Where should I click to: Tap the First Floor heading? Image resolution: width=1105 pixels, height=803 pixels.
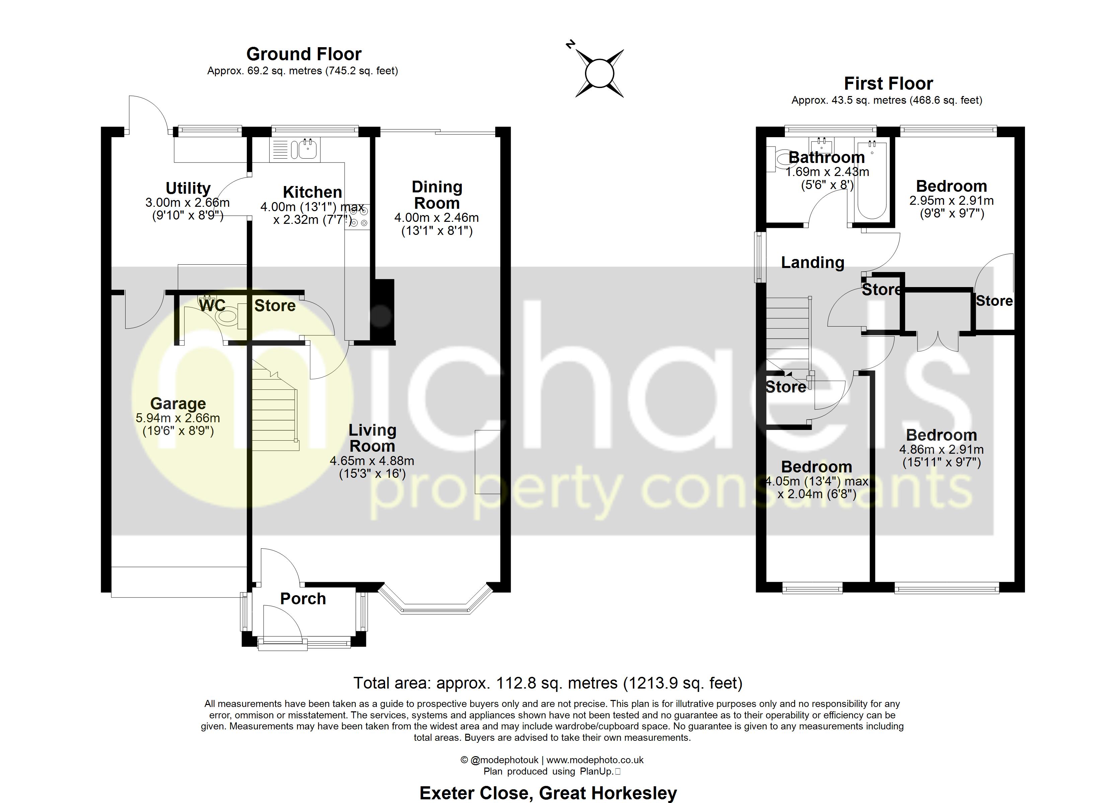[888, 84]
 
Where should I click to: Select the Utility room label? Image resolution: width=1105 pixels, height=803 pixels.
[188, 188]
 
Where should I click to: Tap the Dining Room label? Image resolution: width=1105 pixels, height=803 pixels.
[437, 195]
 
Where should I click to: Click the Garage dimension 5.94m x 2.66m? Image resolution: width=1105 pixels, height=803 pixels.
[178, 418]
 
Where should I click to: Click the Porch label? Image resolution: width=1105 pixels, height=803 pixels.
[303, 599]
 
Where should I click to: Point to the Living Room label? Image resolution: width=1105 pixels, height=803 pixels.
[372, 438]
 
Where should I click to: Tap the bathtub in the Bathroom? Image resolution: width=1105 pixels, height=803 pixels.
[872, 180]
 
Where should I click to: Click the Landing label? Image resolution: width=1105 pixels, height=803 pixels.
[813, 262]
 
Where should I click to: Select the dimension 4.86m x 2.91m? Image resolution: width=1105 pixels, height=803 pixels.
[941, 449]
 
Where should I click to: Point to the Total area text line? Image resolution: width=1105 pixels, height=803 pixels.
[547, 683]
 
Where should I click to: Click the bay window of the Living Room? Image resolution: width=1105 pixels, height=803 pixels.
[435, 604]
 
